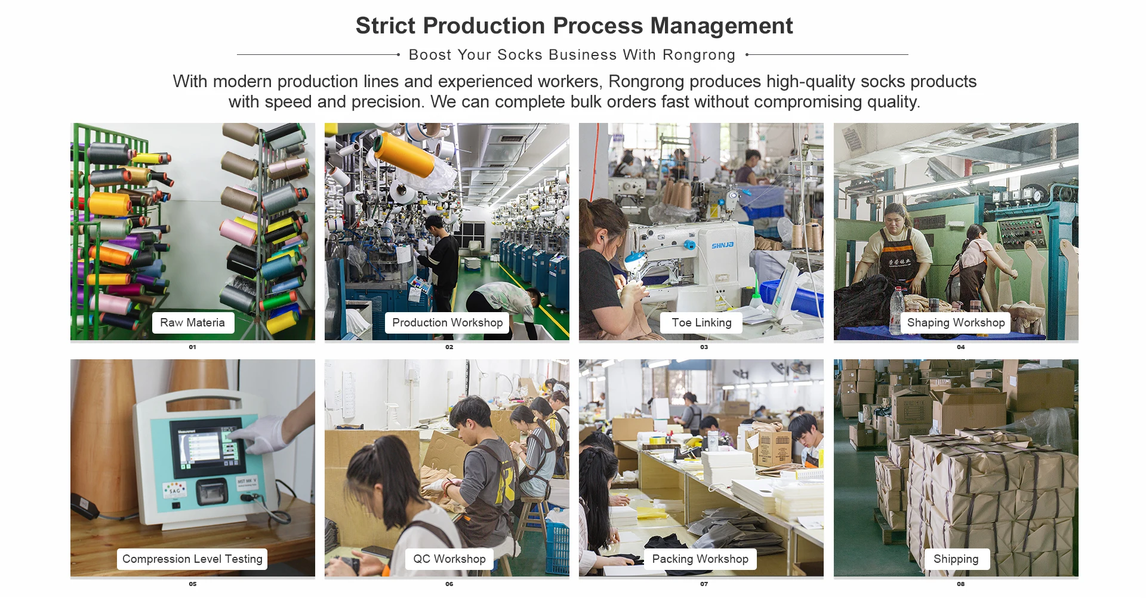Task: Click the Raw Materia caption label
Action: coord(192,323)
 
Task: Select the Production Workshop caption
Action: coord(447,323)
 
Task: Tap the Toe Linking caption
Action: coord(701,323)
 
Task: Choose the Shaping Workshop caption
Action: coord(956,323)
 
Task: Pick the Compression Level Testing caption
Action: coord(192,559)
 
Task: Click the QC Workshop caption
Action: coord(449,559)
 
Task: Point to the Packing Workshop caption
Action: coord(700,559)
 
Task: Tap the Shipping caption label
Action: coord(956,559)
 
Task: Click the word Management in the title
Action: coord(721,26)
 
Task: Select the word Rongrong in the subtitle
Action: coord(699,55)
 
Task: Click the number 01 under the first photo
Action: coord(192,347)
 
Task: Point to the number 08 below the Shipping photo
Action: coord(960,584)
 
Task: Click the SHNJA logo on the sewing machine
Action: coord(722,245)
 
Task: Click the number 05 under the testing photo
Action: coord(192,584)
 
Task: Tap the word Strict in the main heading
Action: coord(385,26)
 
